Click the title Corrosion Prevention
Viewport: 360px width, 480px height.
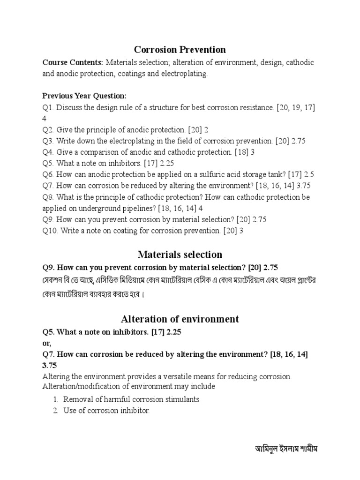point(180,49)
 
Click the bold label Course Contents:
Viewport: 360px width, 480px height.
point(73,62)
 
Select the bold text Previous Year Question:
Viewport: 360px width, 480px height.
point(84,96)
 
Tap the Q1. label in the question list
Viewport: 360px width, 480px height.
point(48,107)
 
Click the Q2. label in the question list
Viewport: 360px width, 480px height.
point(48,129)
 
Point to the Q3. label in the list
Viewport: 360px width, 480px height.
point(48,141)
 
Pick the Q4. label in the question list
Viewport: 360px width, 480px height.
point(48,152)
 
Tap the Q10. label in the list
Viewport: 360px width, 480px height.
point(50,231)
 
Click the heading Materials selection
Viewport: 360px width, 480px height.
point(180,255)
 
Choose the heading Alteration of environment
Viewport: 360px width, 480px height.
point(180,319)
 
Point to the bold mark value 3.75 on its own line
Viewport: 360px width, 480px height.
point(50,365)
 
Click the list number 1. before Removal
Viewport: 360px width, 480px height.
point(55,399)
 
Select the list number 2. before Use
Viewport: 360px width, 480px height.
point(55,411)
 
